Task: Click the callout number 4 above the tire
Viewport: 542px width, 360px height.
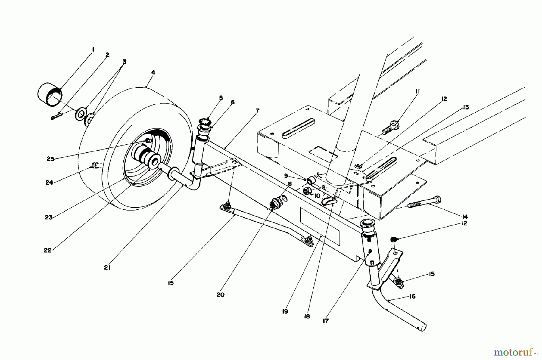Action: point(153,73)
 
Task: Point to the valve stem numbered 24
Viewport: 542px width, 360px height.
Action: point(95,164)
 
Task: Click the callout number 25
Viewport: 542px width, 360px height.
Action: point(50,159)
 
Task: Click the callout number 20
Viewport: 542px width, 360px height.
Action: point(220,295)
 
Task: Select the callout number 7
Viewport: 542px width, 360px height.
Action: point(257,111)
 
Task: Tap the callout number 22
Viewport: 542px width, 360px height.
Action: point(48,250)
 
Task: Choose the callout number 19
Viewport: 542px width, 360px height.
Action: point(285,312)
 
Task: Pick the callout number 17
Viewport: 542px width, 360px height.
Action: point(326,321)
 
